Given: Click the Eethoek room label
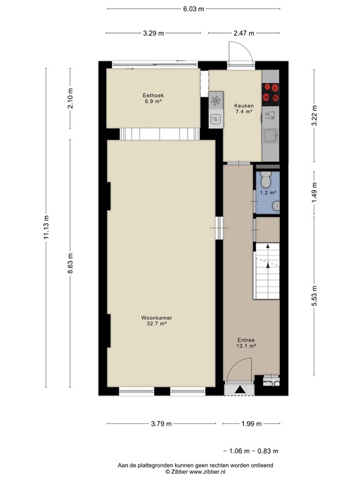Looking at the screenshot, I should coord(153,97).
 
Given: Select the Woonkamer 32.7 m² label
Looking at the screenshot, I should coord(156,321).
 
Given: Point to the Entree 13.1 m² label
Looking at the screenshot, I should coord(246,342).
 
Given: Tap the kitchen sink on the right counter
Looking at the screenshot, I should coord(271,134).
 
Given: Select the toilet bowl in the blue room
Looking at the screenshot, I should coord(265,180).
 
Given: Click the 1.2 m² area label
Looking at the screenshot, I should coord(267,194).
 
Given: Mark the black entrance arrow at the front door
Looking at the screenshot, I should coord(239,389).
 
